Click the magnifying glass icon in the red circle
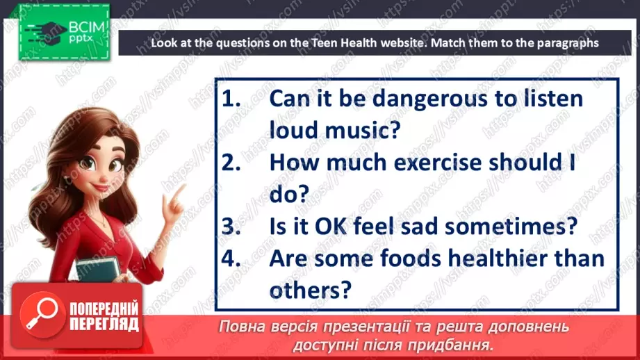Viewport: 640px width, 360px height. [x=40, y=313]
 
